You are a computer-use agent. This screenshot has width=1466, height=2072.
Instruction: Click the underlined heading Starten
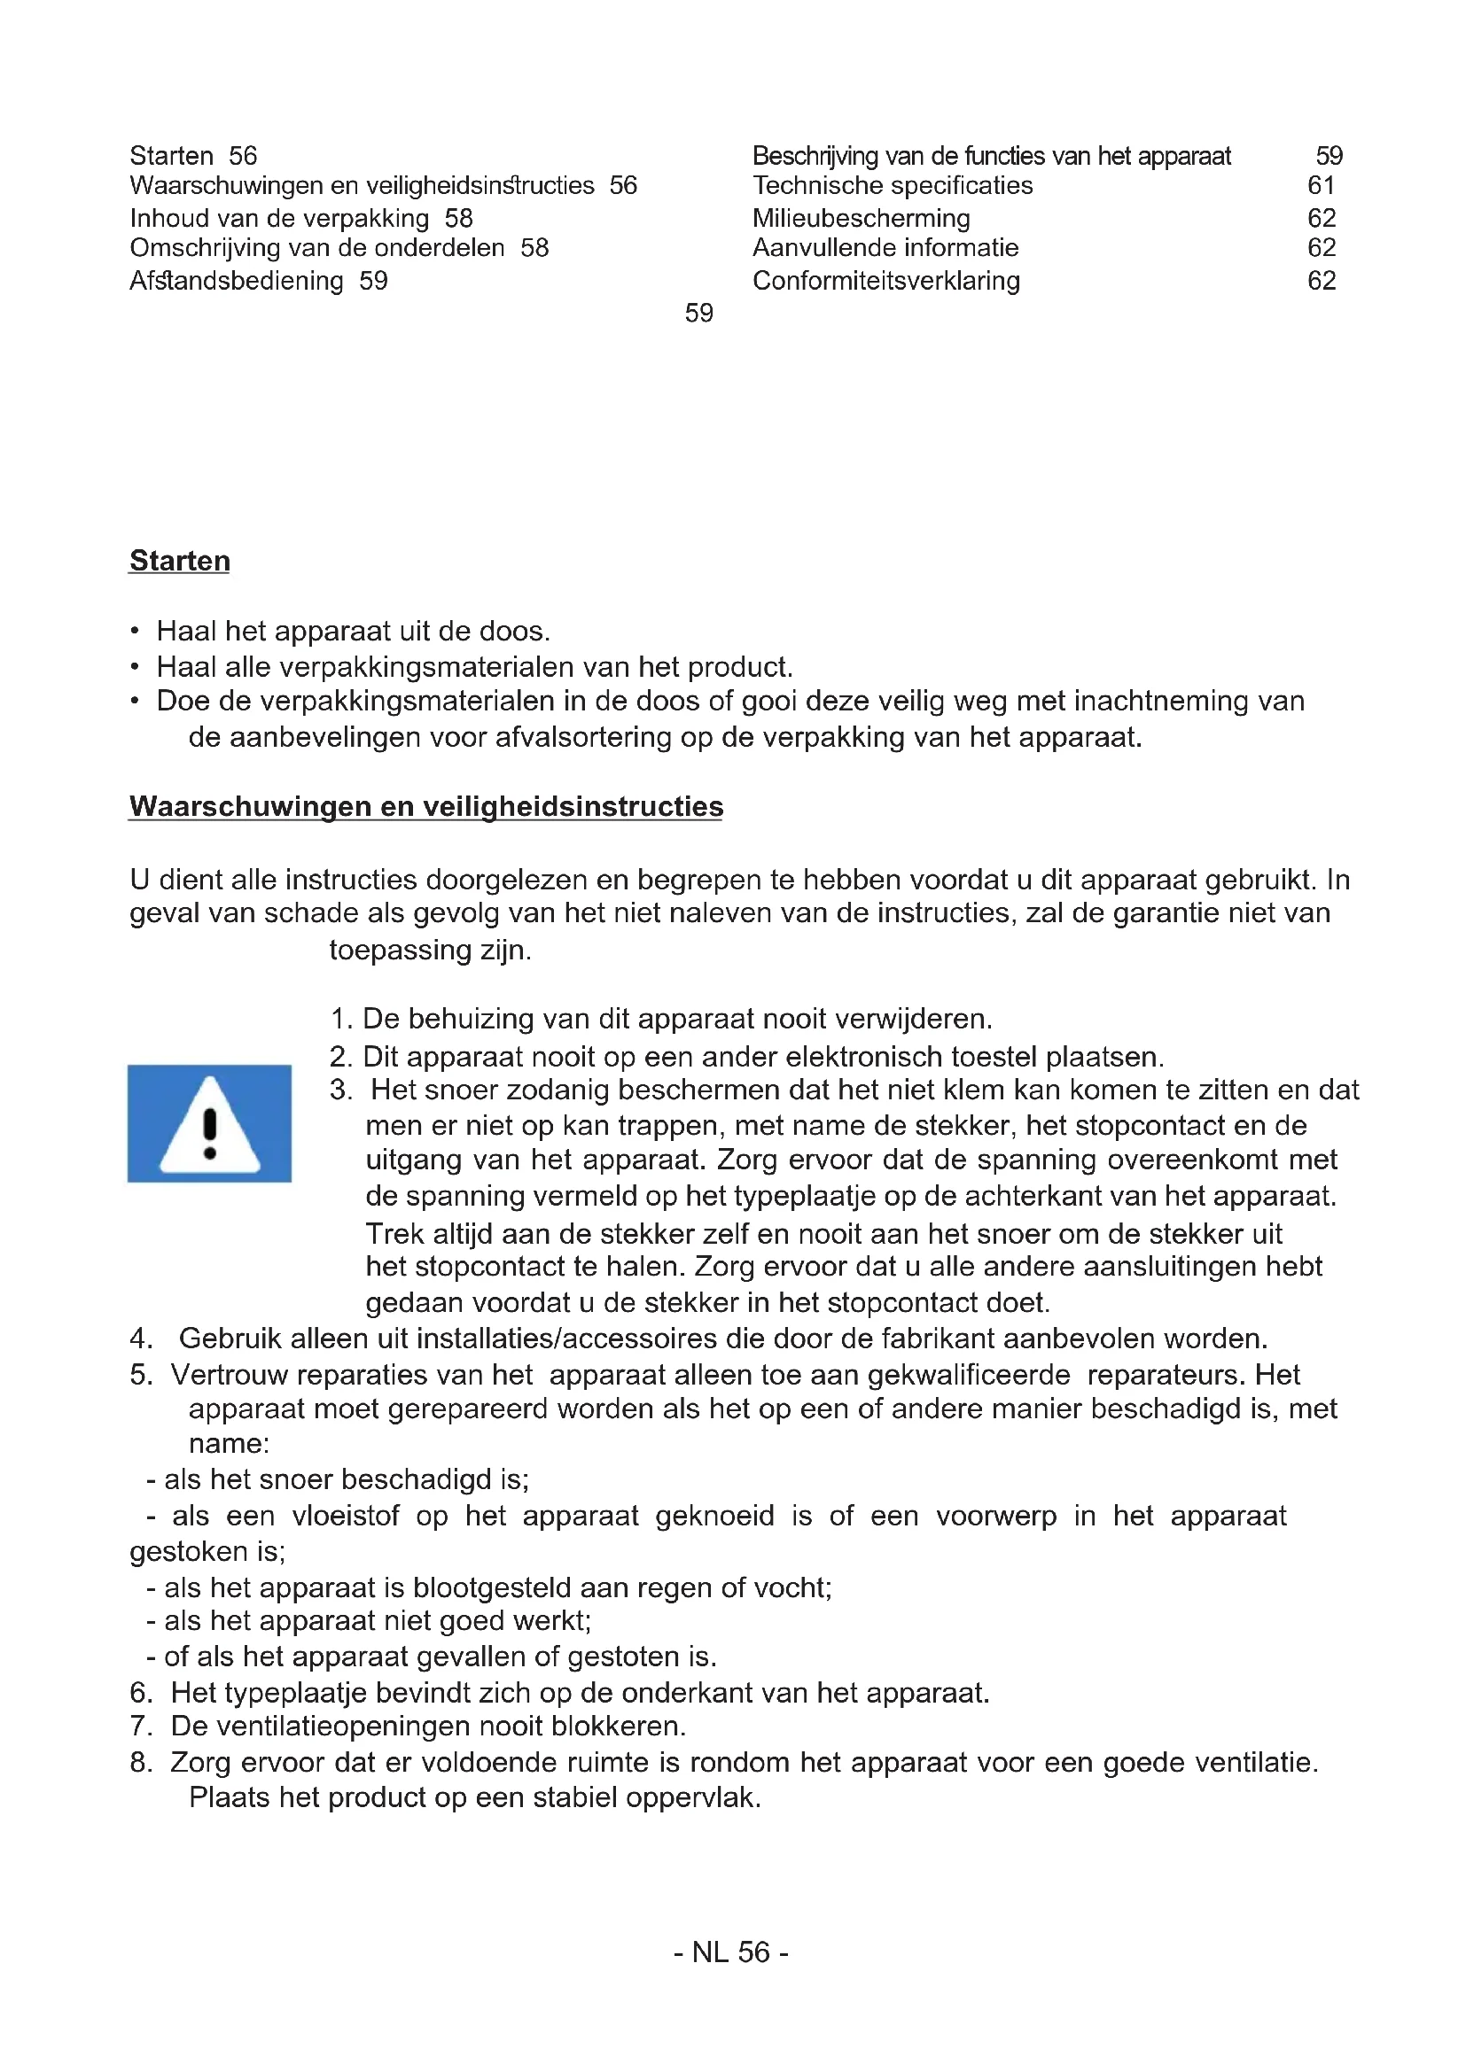pyautogui.click(x=180, y=561)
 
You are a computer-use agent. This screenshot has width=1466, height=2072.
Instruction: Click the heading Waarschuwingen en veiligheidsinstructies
pyautogui.click(x=425, y=806)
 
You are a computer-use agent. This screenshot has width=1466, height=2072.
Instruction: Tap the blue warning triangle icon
pyautogui.click(x=209, y=1122)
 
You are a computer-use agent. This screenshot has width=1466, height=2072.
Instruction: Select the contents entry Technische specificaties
pyautogui.click(x=892, y=186)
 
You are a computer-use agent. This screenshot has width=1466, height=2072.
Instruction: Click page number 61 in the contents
pyautogui.click(x=1321, y=186)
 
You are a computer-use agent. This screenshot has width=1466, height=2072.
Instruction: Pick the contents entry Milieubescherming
pyautogui.click(x=862, y=219)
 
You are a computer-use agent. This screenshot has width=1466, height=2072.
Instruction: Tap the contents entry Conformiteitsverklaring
pyautogui.click(x=885, y=281)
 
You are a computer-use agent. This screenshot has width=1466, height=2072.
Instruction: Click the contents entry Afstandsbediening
pyautogui.click(x=237, y=281)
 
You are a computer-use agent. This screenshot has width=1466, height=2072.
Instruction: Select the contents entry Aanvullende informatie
pyautogui.click(x=885, y=248)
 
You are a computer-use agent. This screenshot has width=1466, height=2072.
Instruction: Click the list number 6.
pyautogui.click(x=140, y=1692)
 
